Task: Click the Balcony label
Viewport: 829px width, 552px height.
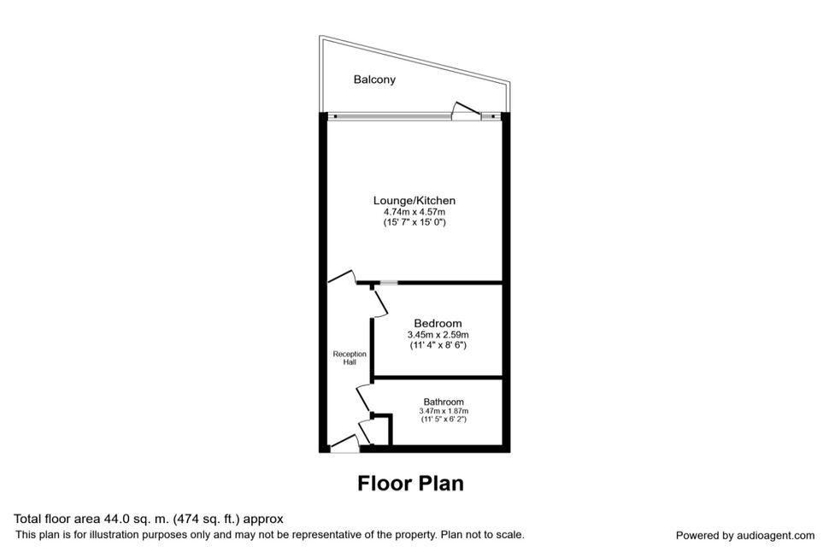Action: click(374, 79)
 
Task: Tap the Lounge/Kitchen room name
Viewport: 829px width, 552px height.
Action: click(414, 201)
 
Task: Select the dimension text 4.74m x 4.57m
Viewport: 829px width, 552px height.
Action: click(414, 212)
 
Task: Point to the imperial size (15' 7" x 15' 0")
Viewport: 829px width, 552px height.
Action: click(414, 223)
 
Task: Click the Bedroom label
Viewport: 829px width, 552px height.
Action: click(438, 323)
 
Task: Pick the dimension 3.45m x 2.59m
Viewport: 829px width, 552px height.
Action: click(438, 335)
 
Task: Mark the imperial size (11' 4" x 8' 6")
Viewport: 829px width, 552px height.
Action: click(438, 345)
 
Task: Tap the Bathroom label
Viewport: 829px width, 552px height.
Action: click(444, 402)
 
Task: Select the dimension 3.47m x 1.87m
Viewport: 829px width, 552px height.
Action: click(444, 411)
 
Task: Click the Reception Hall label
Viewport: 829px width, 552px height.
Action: click(350, 358)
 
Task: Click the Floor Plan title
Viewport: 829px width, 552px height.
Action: click(411, 484)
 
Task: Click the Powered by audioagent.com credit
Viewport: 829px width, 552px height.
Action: click(745, 536)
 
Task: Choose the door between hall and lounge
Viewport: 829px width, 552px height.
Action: click(341, 277)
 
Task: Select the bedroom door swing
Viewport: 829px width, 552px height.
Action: click(380, 304)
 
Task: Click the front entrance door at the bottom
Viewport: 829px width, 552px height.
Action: click(344, 443)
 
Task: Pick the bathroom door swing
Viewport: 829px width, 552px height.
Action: click(363, 399)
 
